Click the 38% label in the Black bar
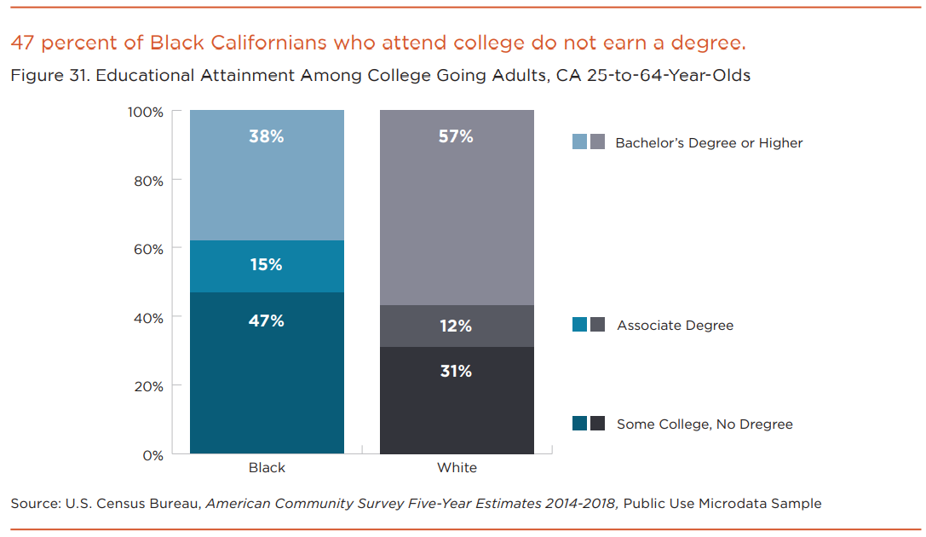[x=266, y=136]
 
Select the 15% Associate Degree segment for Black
[x=266, y=265]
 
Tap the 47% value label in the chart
[x=266, y=321]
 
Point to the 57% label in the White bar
[x=456, y=136]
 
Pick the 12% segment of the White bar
[x=456, y=326]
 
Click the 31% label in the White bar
[x=456, y=372]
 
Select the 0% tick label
[x=151, y=455]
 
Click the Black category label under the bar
[x=267, y=468]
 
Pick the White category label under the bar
[x=457, y=468]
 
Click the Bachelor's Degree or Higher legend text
[x=709, y=143]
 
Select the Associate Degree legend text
[x=675, y=326]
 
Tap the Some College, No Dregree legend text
[x=705, y=424]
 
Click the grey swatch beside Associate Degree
[x=598, y=325]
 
